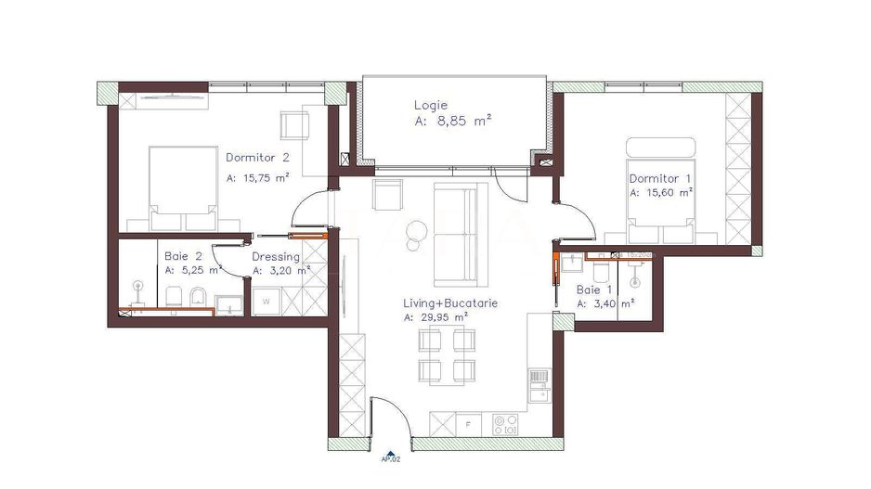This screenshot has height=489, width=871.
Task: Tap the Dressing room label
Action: pos(276,257)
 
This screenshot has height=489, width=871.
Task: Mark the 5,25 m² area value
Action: pos(199,271)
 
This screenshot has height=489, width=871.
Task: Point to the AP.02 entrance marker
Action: pos(391,457)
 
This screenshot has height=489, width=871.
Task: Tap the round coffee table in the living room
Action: pos(416,229)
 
